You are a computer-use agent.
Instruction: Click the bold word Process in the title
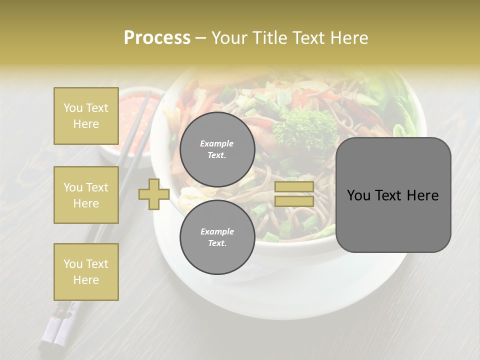pyautogui.click(x=157, y=38)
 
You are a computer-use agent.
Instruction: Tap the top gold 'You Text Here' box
pyautogui.click(x=86, y=116)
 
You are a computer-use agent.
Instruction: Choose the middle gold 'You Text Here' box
pyautogui.click(x=86, y=195)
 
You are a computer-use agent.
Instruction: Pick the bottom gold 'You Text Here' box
pyautogui.click(x=86, y=272)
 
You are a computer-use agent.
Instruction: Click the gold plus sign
pyautogui.click(x=154, y=194)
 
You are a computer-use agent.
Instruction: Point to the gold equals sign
pyautogui.click(x=294, y=194)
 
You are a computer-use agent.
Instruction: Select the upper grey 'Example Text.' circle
pyautogui.click(x=217, y=149)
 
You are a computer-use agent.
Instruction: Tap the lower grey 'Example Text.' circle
pyautogui.click(x=217, y=237)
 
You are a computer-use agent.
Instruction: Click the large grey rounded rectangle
pyautogui.click(x=393, y=195)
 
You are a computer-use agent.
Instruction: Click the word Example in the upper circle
pyautogui.click(x=217, y=143)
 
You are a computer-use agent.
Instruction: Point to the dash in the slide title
pyautogui.click(x=200, y=38)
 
